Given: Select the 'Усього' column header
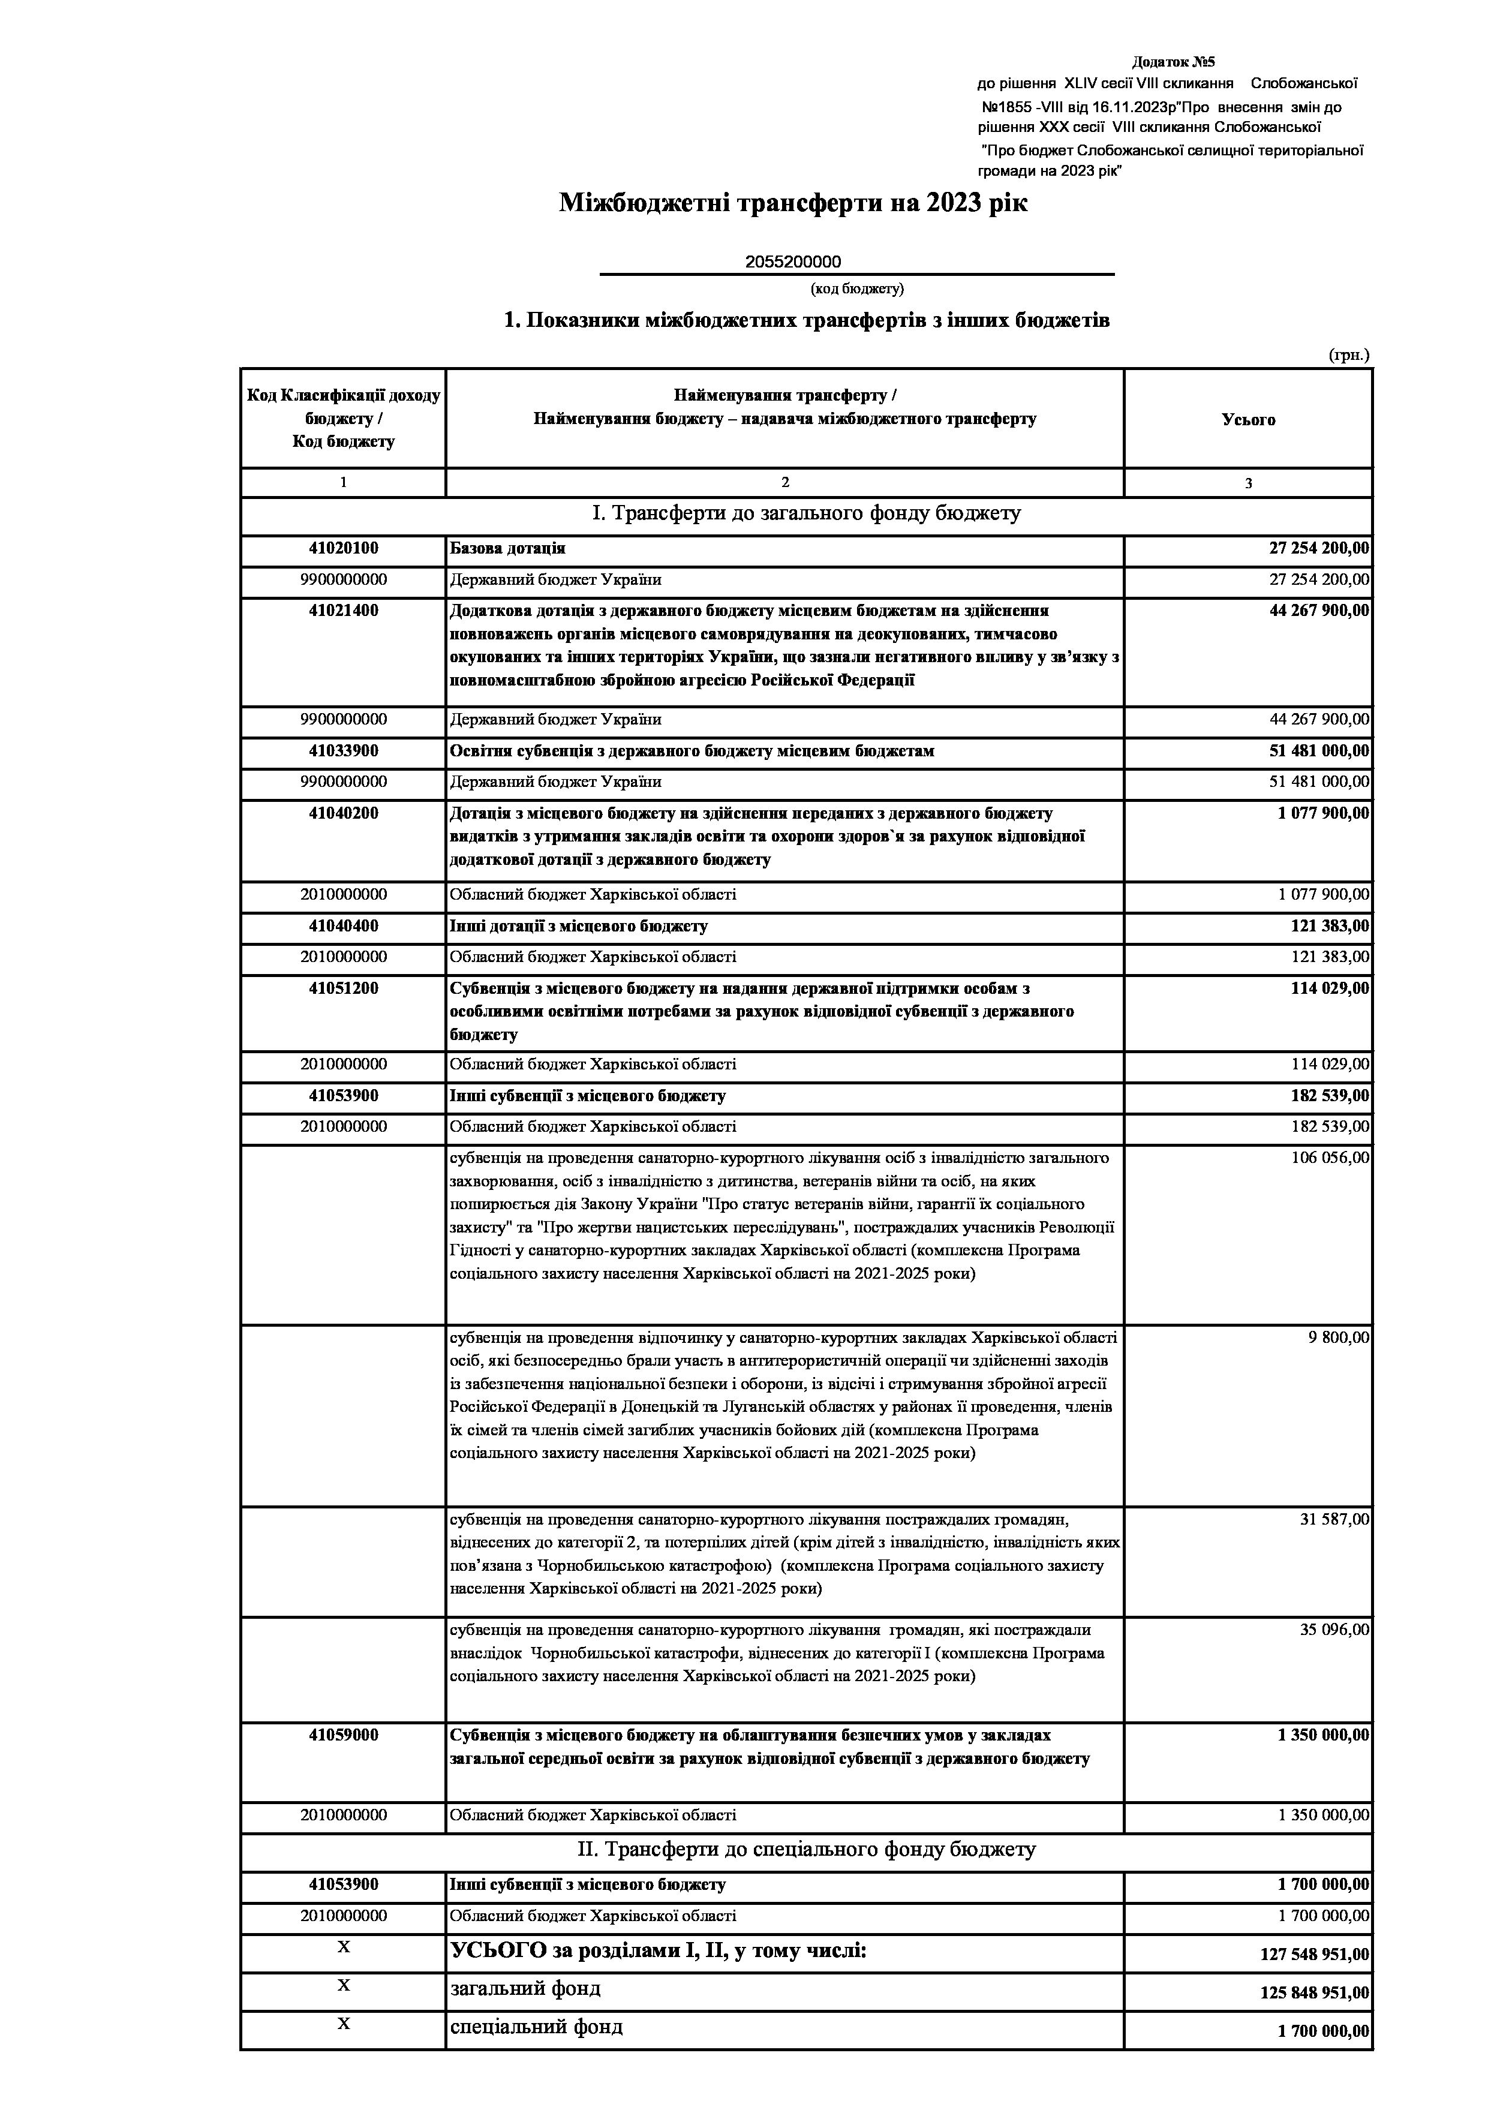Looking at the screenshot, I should pos(1248,420).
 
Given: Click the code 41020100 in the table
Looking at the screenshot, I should pos(344,548).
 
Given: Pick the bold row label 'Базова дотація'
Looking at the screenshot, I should pos(507,548).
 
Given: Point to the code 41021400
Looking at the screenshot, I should pos(344,611).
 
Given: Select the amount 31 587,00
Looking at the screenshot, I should pos(1334,1519).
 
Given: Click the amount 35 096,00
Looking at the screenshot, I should pos(1334,1630).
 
